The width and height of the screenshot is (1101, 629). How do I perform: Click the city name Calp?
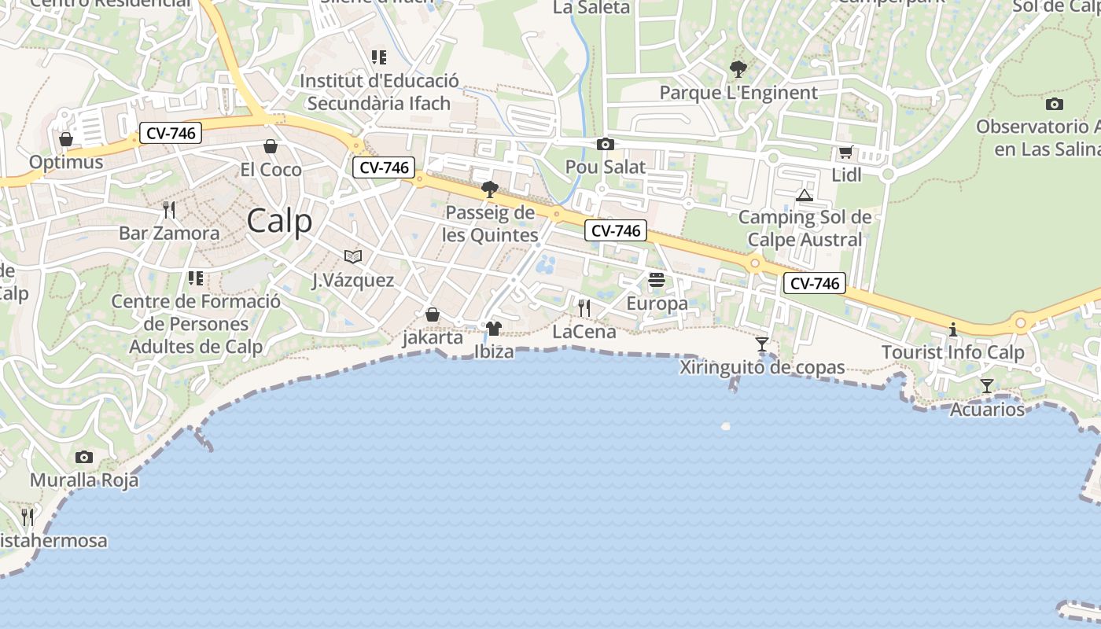pyautogui.click(x=279, y=221)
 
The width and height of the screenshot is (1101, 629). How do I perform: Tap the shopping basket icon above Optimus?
pyautogui.click(x=66, y=140)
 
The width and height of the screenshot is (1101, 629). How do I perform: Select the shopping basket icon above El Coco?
pyautogui.click(x=271, y=147)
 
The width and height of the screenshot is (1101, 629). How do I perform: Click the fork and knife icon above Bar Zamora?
pyautogui.click(x=169, y=210)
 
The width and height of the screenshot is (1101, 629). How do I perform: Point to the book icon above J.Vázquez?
pyautogui.click(x=353, y=256)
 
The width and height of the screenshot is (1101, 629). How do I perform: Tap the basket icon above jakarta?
pyautogui.click(x=433, y=315)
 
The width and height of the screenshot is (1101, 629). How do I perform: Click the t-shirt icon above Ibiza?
pyautogui.click(x=494, y=328)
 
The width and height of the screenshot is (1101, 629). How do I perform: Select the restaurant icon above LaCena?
pyautogui.click(x=584, y=307)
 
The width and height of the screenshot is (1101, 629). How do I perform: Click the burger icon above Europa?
pyautogui.click(x=657, y=280)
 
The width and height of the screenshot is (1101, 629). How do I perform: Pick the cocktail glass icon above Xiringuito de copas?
pyautogui.click(x=762, y=344)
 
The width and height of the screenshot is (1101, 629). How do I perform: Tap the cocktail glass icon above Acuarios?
pyautogui.click(x=987, y=386)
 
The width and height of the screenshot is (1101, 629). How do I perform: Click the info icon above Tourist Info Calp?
pyautogui.click(x=953, y=329)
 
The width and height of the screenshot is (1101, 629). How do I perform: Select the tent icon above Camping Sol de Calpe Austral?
pyautogui.click(x=804, y=195)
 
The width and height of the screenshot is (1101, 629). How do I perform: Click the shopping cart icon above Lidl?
pyautogui.click(x=846, y=153)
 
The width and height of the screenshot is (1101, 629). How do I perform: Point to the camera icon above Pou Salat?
pyautogui.click(x=605, y=144)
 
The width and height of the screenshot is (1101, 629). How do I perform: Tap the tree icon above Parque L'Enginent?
pyautogui.click(x=738, y=69)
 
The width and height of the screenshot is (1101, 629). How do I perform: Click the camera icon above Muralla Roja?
pyautogui.click(x=84, y=458)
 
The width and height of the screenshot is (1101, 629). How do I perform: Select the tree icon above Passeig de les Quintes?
pyautogui.click(x=489, y=189)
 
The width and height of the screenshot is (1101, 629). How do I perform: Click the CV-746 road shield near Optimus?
pyautogui.click(x=171, y=134)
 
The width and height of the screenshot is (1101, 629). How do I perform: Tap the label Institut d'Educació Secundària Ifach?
pyautogui.click(x=379, y=92)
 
